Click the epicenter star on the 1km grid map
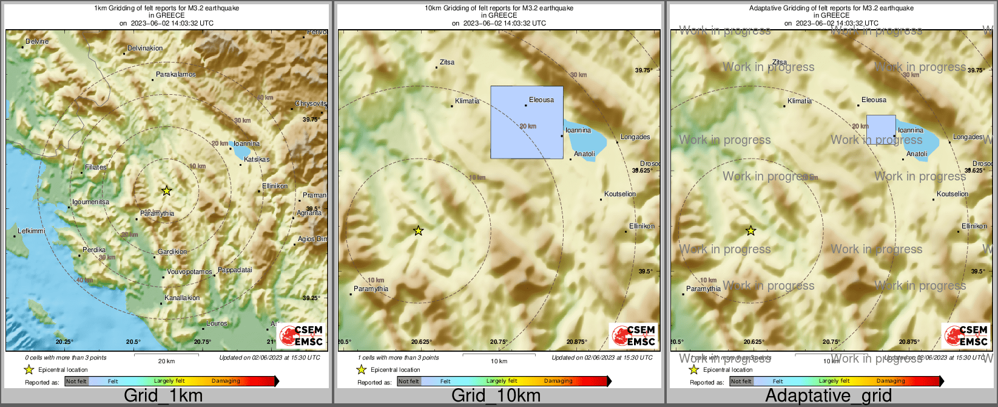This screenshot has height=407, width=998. click(166, 191)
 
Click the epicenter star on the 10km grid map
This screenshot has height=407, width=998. click(418, 231)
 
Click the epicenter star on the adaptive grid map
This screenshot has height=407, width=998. click(750, 231)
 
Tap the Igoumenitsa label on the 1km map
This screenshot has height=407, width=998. click(90, 202)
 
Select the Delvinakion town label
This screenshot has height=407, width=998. click(145, 49)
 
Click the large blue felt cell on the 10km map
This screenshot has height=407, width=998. click(527, 122)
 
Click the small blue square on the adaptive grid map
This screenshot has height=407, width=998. click(880, 129)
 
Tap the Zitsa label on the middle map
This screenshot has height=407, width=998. click(447, 62)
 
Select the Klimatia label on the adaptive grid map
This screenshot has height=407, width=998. click(799, 101)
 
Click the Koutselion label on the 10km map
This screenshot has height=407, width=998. click(620, 194)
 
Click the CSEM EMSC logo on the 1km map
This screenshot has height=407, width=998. click(302, 335)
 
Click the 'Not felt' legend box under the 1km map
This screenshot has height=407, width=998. click(76, 381)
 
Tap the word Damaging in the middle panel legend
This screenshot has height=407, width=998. click(558, 381)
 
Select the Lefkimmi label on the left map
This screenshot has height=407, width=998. click(32, 231)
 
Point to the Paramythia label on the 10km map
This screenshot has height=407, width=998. click(371, 289)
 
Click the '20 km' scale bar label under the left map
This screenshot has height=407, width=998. click(166, 361)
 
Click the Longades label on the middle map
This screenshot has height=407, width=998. click(635, 137)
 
